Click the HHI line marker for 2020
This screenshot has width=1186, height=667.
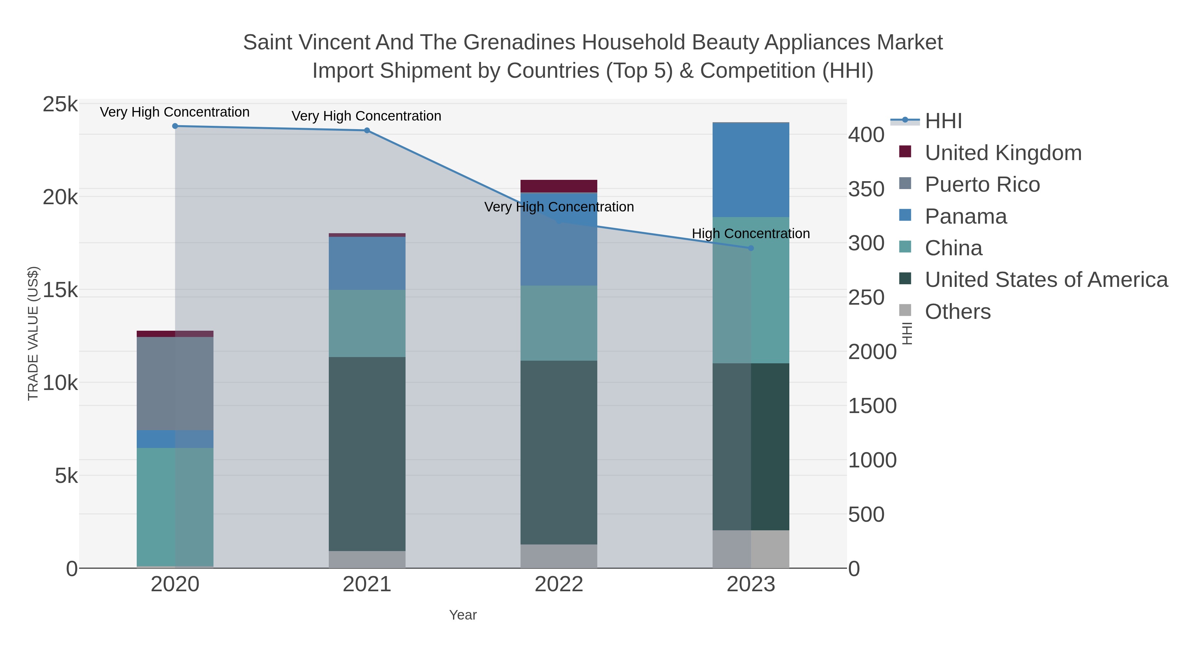(175, 126)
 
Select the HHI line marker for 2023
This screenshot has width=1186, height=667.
(751, 248)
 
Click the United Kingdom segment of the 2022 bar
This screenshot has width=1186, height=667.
(558, 186)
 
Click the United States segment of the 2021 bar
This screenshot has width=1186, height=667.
(367, 454)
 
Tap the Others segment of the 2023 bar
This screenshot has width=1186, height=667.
(750, 549)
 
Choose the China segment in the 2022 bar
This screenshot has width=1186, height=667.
(558, 323)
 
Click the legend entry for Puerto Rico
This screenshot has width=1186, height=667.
(982, 184)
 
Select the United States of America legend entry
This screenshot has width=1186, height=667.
(1046, 280)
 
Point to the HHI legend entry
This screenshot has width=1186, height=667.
(944, 121)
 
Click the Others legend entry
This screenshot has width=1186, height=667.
(958, 312)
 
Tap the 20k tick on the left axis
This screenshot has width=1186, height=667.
(60, 198)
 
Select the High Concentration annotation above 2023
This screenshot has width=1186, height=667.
(750, 234)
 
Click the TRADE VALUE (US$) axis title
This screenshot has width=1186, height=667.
(33, 333)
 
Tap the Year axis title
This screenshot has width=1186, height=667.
(463, 615)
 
